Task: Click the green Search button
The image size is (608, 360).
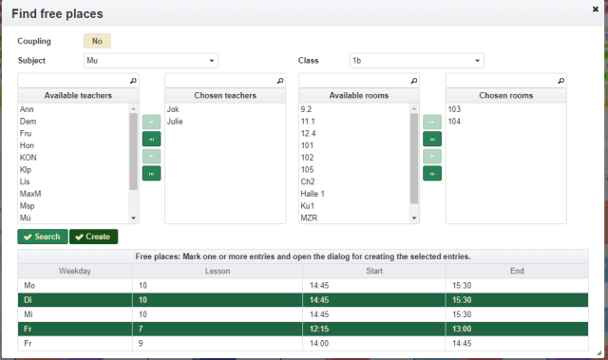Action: tap(43, 237)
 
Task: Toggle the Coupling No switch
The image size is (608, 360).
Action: tap(97, 41)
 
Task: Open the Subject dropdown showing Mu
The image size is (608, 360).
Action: tap(151, 61)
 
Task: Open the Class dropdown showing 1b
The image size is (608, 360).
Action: tap(416, 61)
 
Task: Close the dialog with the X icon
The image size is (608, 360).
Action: tap(596, 9)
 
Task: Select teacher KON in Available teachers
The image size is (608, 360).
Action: tap(28, 158)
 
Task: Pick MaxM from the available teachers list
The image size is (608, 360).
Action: tap(30, 194)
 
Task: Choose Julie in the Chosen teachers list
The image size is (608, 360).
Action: tap(175, 122)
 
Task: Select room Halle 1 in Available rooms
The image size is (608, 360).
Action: tap(313, 194)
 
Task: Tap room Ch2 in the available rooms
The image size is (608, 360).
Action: tap(308, 181)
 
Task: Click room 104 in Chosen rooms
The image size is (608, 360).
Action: tap(454, 122)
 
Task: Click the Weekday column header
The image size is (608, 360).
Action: tap(75, 271)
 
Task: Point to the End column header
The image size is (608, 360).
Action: tap(517, 271)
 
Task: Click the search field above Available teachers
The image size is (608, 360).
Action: tap(78, 81)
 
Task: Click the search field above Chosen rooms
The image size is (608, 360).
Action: tap(506, 81)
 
